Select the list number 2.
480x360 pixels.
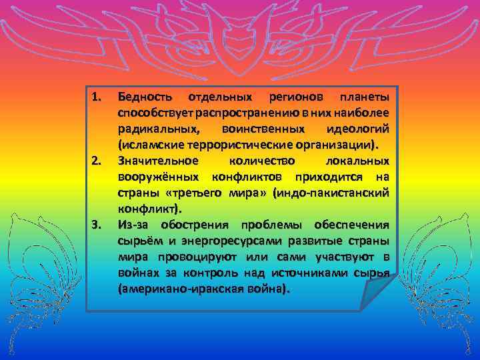point(97,160)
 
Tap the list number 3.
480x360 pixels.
point(97,224)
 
